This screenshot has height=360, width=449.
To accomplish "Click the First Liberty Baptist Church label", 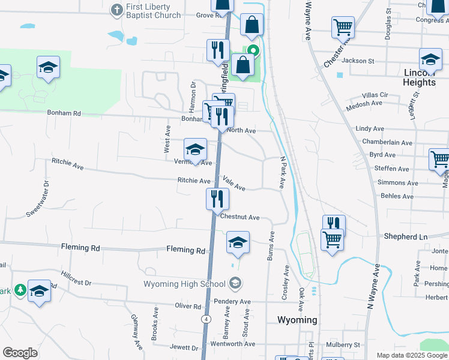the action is click(x=152, y=11).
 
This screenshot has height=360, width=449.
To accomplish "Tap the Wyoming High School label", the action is click(x=184, y=283).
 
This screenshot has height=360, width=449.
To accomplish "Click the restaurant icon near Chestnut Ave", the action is click(x=217, y=199).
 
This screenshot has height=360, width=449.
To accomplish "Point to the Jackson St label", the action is click(x=358, y=61).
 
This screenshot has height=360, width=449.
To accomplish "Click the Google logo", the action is click(x=20, y=353).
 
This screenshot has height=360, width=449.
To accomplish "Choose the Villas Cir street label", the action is click(x=376, y=95).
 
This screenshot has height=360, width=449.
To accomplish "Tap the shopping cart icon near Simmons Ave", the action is click(x=439, y=160).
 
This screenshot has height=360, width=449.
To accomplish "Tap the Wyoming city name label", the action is click(x=298, y=320).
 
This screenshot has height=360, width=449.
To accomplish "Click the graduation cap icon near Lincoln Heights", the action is click(x=430, y=59).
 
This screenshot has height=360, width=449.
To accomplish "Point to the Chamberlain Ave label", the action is click(x=387, y=143).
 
